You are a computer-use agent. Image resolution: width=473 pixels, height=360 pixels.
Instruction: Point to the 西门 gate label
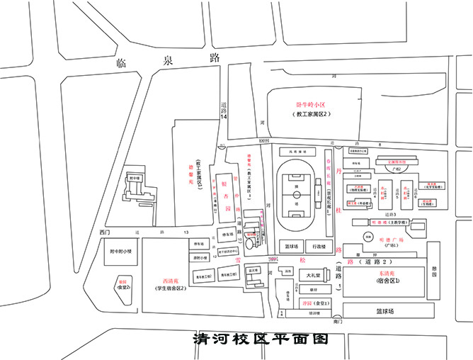click(x=106, y=232)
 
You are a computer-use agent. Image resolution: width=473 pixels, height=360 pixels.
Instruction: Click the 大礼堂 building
click(x=312, y=275)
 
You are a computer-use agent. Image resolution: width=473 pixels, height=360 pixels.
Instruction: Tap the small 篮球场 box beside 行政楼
click(x=290, y=247)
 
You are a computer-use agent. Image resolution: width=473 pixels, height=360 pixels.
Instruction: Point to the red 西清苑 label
click(x=171, y=281)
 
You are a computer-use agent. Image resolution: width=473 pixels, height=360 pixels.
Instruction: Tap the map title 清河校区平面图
click(x=262, y=339)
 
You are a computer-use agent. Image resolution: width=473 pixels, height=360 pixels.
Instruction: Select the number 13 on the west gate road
click(x=186, y=232)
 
